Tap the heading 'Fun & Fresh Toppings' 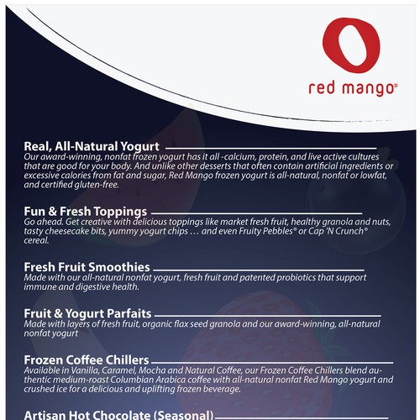tap(86, 210)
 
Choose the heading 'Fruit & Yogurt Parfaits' tap(90, 312)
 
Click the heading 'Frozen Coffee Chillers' tap(87, 359)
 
